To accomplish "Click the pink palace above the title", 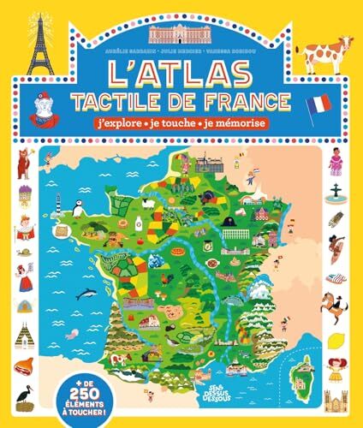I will pos(181,34).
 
